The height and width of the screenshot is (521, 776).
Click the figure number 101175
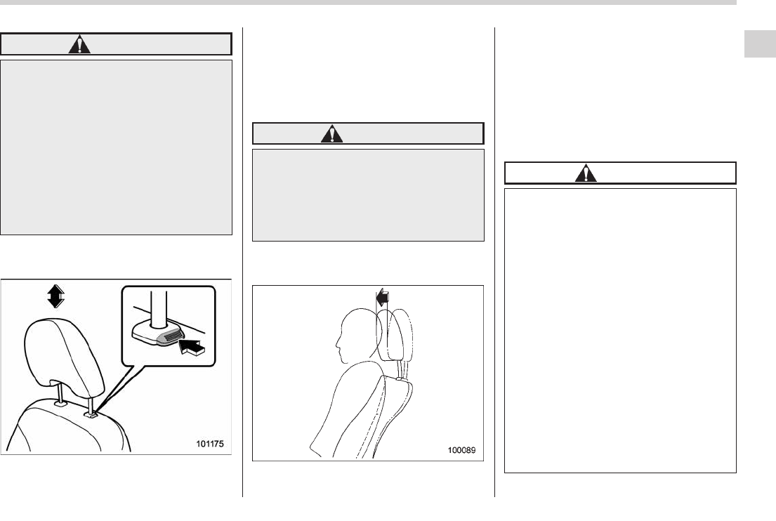[213, 444]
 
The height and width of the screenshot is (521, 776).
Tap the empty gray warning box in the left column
[116, 146]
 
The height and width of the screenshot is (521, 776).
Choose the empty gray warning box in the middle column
[367, 194]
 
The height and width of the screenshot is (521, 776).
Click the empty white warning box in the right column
[620, 330]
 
